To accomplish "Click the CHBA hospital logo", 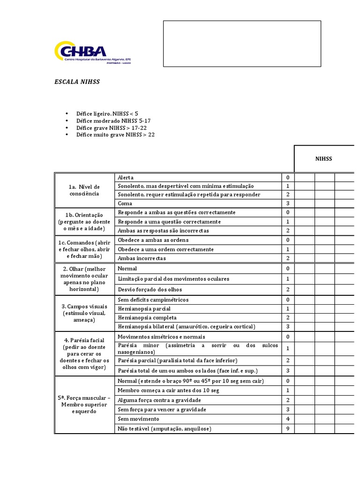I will (x=92, y=52).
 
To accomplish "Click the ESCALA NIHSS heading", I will (x=77, y=82).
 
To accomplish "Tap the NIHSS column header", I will (x=323, y=159).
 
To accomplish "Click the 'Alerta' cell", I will (x=126, y=177).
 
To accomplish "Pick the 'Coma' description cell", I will (x=125, y=203).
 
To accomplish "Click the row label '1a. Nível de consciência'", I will (x=84, y=190).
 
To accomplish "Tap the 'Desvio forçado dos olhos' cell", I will (x=150, y=289).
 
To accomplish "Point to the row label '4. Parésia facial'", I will (x=84, y=353).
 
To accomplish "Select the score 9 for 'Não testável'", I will (x=288, y=428).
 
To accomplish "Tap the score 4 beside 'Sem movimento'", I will (x=288, y=419).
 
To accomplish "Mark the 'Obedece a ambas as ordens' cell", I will (x=153, y=240).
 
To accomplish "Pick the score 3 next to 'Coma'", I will (x=288, y=203).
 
